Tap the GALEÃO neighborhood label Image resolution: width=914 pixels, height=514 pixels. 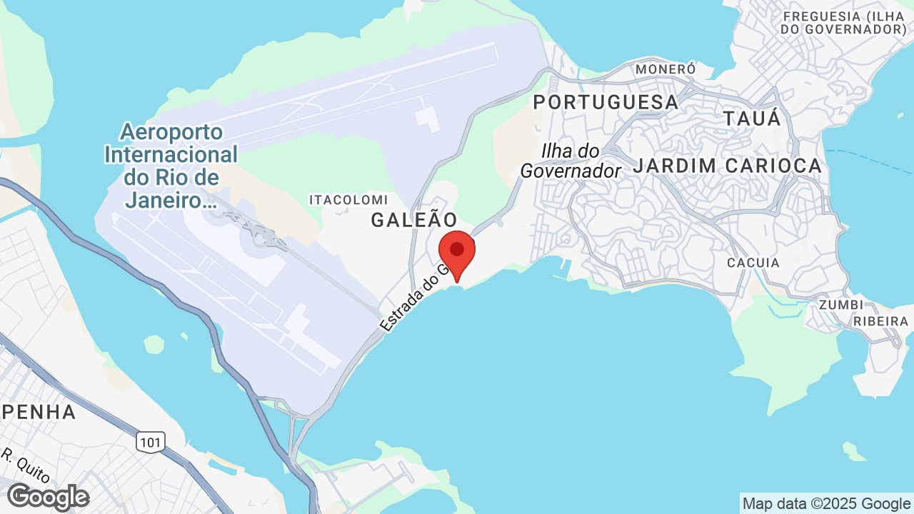(413, 220)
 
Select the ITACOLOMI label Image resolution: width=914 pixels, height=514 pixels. (348, 200)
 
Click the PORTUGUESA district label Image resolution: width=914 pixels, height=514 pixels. (606, 102)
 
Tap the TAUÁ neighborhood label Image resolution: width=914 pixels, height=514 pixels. (752, 119)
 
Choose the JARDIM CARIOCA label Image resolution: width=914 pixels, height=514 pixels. (728, 166)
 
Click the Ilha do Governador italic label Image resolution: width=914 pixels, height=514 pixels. (571, 161)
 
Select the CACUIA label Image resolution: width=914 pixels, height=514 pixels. (753, 263)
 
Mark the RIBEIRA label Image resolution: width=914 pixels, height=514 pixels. (883, 321)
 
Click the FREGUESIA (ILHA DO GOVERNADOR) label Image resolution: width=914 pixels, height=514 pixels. (844, 23)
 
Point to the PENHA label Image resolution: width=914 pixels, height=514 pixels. (39, 412)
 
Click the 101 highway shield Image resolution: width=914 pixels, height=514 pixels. (150, 443)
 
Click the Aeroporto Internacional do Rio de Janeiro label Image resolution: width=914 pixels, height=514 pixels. (171, 166)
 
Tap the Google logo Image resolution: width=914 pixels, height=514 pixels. (48, 497)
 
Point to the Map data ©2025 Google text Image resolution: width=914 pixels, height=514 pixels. (825, 504)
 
